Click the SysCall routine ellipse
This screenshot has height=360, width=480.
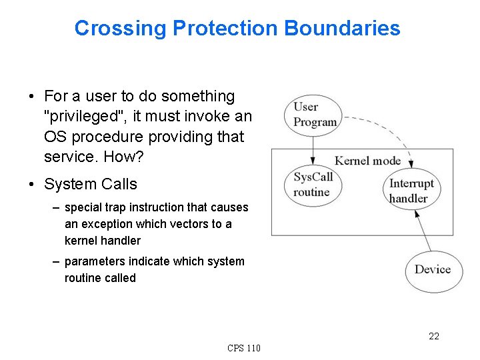click(313, 184)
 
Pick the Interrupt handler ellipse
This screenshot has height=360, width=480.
click(411, 190)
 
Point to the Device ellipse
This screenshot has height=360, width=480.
click(433, 270)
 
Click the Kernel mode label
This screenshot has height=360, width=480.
click(367, 160)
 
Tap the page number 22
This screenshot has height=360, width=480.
click(434, 336)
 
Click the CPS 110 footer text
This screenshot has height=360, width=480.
click(244, 348)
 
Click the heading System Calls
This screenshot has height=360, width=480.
click(91, 184)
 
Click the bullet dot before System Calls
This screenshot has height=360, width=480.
click(33, 185)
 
